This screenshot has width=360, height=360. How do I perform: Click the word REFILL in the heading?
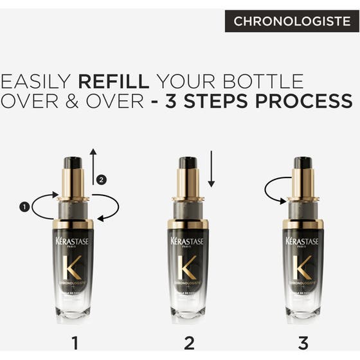[x=114, y=82]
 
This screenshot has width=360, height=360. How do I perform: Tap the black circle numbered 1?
[x=24, y=206]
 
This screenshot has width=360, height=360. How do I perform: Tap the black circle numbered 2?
[x=100, y=179]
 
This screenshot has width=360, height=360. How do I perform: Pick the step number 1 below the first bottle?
[x=75, y=342]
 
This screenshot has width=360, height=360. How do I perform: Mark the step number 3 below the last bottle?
[x=302, y=342]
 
